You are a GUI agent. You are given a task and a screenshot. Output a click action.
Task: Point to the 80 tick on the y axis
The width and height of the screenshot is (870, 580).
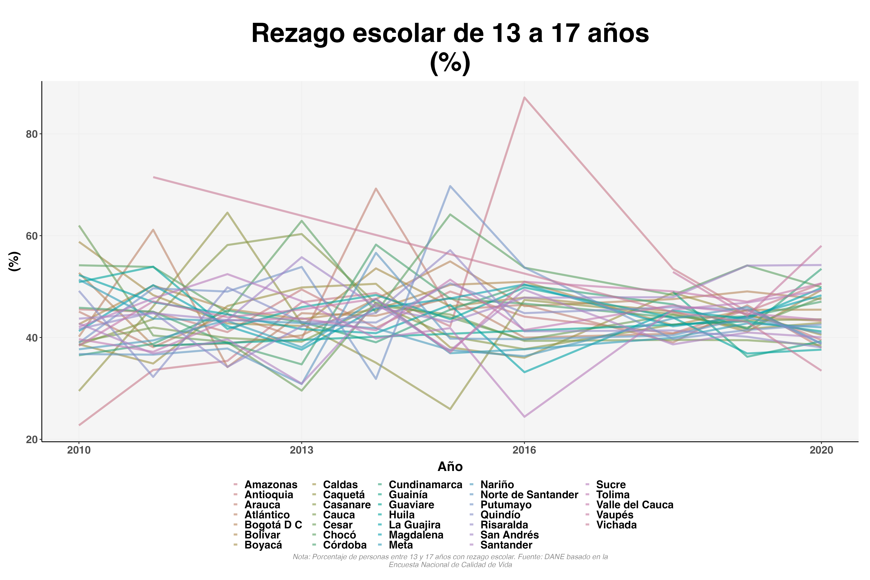tap(32, 134)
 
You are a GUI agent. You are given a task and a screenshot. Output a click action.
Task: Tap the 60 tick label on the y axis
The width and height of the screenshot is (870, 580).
tap(32, 236)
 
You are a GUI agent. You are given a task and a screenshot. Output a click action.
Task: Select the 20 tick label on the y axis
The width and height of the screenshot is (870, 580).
tap(32, 439)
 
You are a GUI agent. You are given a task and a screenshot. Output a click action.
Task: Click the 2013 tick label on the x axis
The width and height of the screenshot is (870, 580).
tap(301, 450)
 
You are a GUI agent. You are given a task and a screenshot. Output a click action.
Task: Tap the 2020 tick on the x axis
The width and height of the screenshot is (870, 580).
tap(821, 450)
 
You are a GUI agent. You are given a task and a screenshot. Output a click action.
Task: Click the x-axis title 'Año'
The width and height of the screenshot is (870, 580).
tap(450, 467)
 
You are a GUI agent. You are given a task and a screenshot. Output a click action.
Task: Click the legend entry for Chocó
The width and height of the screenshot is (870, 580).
tap(339, 535)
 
